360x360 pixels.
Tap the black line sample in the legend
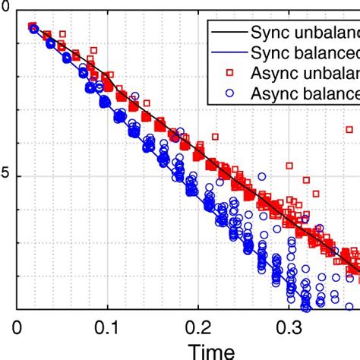coord(227,33)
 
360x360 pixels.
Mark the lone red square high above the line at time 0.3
coord(289,165)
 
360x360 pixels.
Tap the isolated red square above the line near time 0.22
coord(216,137)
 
